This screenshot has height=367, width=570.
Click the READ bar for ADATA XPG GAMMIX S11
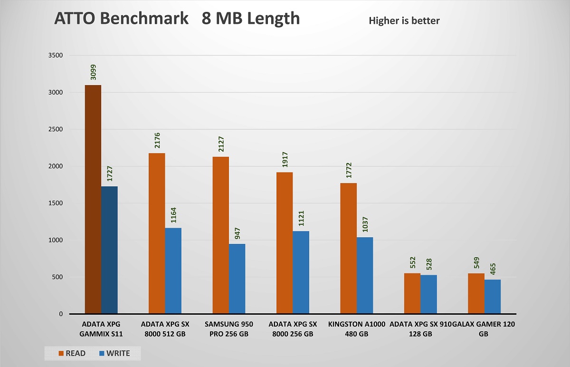93,200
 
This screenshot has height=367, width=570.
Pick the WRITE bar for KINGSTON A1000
364,276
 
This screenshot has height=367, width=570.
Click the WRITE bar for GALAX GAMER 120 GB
493,297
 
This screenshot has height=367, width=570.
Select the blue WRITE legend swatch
101,353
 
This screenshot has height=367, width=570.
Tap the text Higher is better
404,20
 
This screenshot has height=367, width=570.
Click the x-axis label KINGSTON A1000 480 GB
356,329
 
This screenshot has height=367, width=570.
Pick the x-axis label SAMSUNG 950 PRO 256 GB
228,329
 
